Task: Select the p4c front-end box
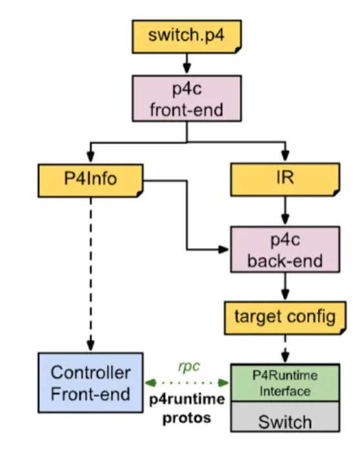pos(186,99)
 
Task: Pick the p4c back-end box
pos(285,250)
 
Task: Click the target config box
pos(285,316)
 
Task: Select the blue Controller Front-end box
pos(90,382)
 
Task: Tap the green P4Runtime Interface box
pos(285,382)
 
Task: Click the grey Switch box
pos(285,421)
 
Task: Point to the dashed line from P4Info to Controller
pos(90,271)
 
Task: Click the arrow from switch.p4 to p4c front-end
pos(186,63)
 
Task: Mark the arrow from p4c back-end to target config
pos(285,285)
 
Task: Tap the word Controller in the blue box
pos(90,372)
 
